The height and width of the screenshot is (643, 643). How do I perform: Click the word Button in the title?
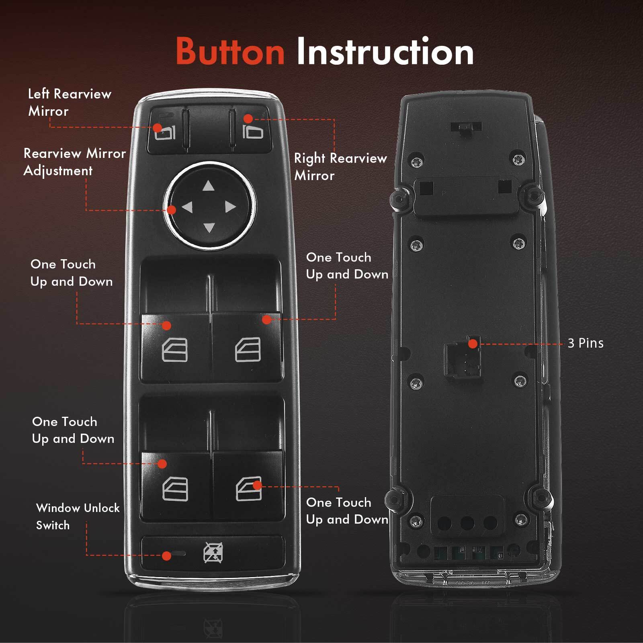click(x=230, y=51)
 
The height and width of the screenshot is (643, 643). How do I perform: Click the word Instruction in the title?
click(x=385, y=51)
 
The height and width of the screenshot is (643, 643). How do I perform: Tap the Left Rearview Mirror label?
click(x=69, y=102)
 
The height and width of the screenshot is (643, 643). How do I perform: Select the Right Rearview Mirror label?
click(x=340, y=166)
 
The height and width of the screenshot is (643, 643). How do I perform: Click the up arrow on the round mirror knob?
click(x=208, y=186)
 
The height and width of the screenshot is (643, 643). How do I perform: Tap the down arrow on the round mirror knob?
click(x=209, y=228)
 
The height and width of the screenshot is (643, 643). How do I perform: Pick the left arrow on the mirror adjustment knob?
click(x=187, y=207)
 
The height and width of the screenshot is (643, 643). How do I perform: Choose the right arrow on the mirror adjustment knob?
click(x=230, y=207)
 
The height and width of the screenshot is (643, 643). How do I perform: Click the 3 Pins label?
click(x=585, y=343)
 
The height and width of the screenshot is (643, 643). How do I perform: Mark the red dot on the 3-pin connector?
click(x=473, y=344)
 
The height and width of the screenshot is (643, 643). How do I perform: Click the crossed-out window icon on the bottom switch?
click(x=213, y=553)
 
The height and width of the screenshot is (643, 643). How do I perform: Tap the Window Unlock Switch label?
click(x=77, y=516)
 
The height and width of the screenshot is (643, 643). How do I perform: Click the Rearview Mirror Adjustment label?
click(x=74, y=162)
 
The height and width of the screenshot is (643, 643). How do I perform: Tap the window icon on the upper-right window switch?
click(x=248, y=350)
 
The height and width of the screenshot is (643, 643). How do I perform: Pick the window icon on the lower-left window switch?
click(x=175, y=489)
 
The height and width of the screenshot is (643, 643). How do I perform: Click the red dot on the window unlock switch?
click(x=166, y=556)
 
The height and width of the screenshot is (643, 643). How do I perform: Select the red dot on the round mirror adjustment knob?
click(x=172, y=210)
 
